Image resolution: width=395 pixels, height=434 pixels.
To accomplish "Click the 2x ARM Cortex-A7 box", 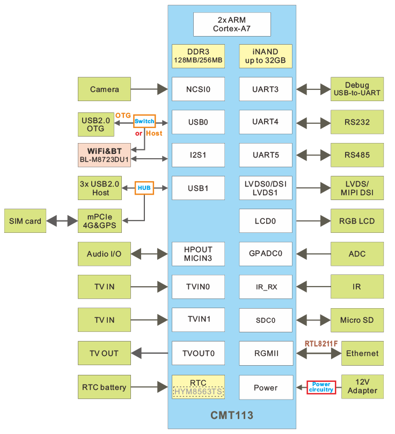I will pos(232,24).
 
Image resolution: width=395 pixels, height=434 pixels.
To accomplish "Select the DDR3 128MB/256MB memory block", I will pos(198,56).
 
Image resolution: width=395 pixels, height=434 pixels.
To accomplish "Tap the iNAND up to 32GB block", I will pos(265,56).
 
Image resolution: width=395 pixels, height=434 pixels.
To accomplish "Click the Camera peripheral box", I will pos(104,89).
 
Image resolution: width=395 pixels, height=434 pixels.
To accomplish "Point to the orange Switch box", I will pos(144,121).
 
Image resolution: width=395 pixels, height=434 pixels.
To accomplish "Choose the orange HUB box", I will pos(144,188).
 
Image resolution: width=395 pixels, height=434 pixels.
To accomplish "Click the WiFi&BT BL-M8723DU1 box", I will pos(104,155).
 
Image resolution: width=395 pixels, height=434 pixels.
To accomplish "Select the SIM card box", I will pos(25,221).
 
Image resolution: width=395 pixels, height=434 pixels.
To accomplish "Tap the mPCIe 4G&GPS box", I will pos(104,221).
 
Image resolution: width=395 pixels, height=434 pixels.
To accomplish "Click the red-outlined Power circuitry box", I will pos(321,387).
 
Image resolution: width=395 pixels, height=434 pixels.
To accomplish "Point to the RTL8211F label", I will pos(321,343).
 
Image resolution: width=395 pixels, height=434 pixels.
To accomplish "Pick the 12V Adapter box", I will pos(362,387).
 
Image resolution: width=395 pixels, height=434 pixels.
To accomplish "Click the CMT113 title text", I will pos(232,416).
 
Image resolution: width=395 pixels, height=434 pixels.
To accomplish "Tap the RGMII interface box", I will pos(265,353).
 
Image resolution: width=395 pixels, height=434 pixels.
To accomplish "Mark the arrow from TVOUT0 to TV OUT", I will pos(151,353).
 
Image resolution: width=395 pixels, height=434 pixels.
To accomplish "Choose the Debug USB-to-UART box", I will pos(357,89).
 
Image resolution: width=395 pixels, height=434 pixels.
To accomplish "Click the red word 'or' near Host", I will pos(138,133).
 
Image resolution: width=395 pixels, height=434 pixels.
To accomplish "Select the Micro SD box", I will pos(357,320).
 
